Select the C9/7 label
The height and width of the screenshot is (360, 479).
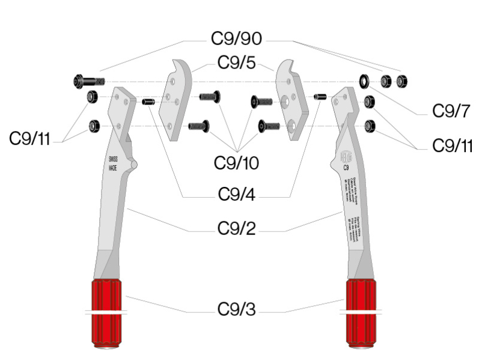click(x=450, y=111)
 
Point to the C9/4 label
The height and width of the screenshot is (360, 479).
click(x=237, y=194)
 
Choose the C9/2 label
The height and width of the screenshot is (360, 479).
click(x=237, y=229)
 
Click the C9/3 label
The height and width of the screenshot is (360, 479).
click(x=237, y=310)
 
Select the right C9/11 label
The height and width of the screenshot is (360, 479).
click(x=452, y=145)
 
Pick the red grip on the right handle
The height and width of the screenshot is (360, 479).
click(x=362, y=314)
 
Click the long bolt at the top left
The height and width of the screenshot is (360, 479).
click(x=88, y=81)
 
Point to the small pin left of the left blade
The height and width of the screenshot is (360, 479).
click(x=148, y=102)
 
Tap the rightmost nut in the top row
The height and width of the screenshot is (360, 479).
click(x=404, y=81)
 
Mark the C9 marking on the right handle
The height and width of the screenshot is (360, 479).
click(x=347, y=169)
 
